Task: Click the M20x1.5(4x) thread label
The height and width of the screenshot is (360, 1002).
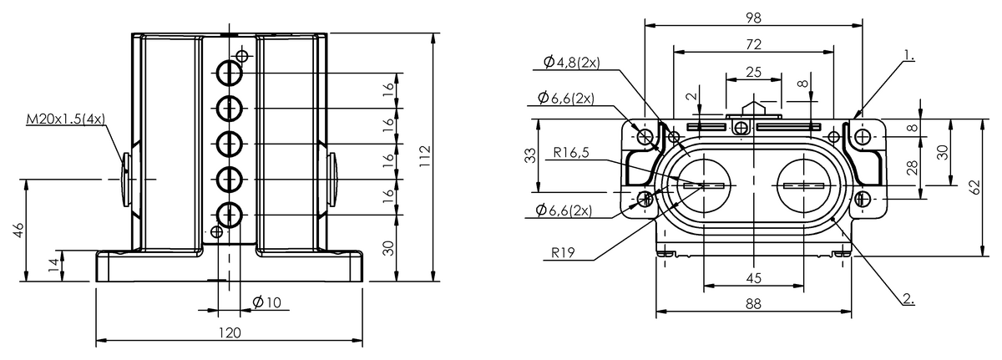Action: click(x=65, y=120)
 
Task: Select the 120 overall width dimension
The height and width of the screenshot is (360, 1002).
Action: click(x=230, y=332)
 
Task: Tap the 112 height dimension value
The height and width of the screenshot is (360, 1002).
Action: click(x=426, y=155)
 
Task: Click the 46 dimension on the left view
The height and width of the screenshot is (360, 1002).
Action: click(x=18, y=230)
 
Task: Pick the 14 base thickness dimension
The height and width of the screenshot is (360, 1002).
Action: click(x=53, y=266)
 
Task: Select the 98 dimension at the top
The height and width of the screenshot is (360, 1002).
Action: click(x=753, y=16)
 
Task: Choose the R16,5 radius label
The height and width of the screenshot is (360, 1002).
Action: click(x=573, y=154)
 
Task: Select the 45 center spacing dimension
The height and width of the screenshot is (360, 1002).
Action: click(x=753, y=278)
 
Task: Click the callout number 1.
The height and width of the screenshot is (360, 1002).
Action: click(x=908, y=58)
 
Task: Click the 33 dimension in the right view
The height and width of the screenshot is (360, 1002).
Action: click(x=529, y=155)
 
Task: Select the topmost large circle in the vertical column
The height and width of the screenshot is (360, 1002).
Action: click(x=230, y=74)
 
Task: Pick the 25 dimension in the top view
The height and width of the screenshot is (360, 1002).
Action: click(x=753, y=72)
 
